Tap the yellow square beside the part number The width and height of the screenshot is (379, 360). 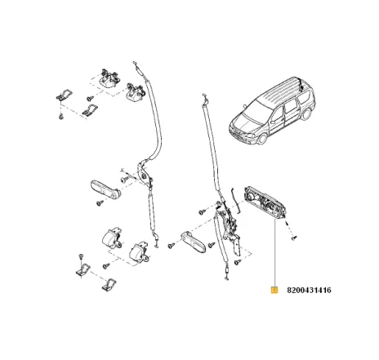pos(275,290)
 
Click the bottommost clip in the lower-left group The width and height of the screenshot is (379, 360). pos(108,285)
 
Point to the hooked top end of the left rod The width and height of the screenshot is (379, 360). pos(143,77)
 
